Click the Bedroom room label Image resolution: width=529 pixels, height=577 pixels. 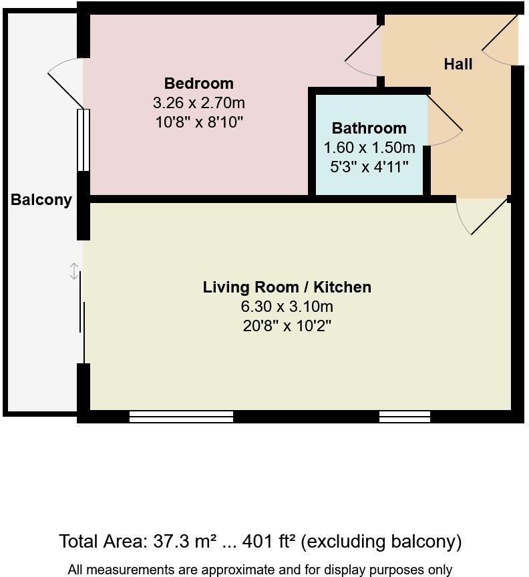click(198, 83)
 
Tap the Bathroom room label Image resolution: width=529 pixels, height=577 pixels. click(369, 128)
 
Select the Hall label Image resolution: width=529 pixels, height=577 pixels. click(458, 64)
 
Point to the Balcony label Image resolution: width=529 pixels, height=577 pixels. click(41, 200)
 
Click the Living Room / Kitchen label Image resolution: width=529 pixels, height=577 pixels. click(287, 287)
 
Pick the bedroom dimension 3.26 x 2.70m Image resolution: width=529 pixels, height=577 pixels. click(198, 103)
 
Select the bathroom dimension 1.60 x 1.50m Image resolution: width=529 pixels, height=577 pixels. click(369, 148)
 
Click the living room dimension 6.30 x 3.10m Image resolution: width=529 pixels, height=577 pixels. click(287, 307)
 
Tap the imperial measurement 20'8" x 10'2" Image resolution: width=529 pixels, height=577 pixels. click(287, 326)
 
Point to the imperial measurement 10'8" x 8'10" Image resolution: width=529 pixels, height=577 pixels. click(198, 122)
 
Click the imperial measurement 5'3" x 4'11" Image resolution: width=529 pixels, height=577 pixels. click(369, 167)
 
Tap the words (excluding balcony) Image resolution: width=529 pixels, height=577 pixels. click(381, 541)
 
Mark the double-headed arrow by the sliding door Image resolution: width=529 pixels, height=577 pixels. click(74, 271)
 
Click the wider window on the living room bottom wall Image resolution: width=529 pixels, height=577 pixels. click(181, 417)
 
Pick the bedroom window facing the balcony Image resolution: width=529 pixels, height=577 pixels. click(83, 140)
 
